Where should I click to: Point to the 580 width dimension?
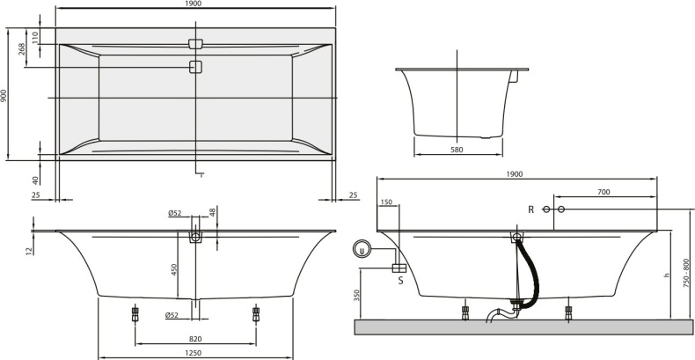pyautogui.click(x=457, y=150)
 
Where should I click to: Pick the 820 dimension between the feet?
pyautogui.click(x=195, y=338)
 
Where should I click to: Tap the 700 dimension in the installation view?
pyautogui.click(x=604, y=191)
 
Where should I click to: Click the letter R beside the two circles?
pyautogui.click(x=530, y=209)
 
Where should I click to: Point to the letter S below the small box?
pyautogui.click(x=399, y=282)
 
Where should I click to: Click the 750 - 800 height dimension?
pyautogui.click(x=686, y=263)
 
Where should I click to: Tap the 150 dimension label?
pyautogui.click(x=386, y=202)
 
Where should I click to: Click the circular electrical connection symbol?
pyautogui.click(x=360, y=250)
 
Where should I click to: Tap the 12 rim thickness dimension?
pyautogui.click(x=28, y=250)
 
